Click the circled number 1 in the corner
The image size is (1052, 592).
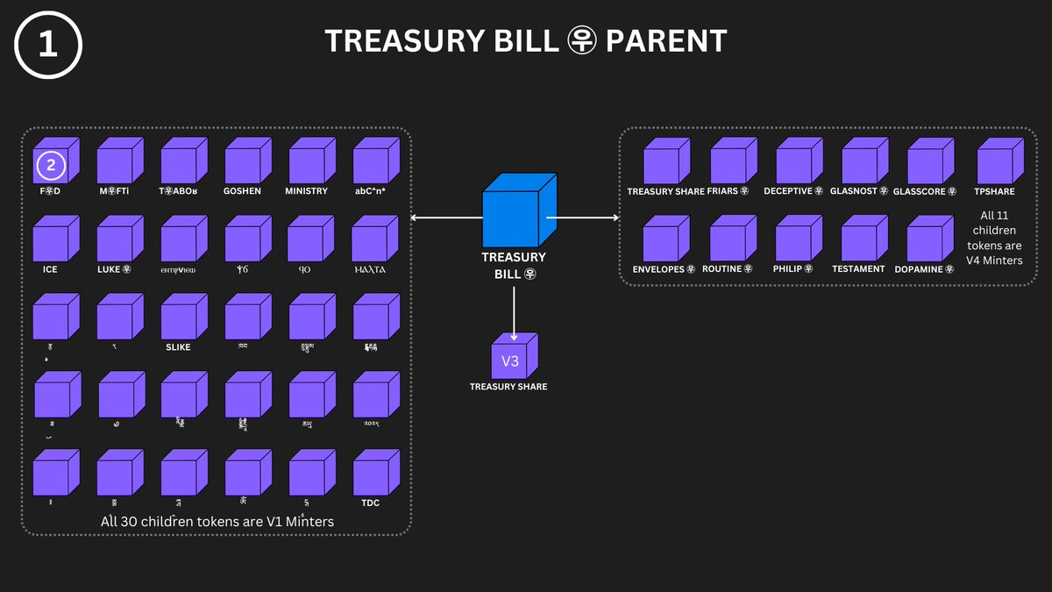pos(48,46)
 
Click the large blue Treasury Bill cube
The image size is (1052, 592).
pos(519,210)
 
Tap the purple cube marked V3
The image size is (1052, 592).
pos(513,357)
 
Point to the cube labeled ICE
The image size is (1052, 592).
pos(55,239)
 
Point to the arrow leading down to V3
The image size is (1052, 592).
pos(514,311)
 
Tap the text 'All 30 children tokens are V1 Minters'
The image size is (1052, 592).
pos(217,521)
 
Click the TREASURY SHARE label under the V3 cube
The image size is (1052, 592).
pos(508,387)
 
